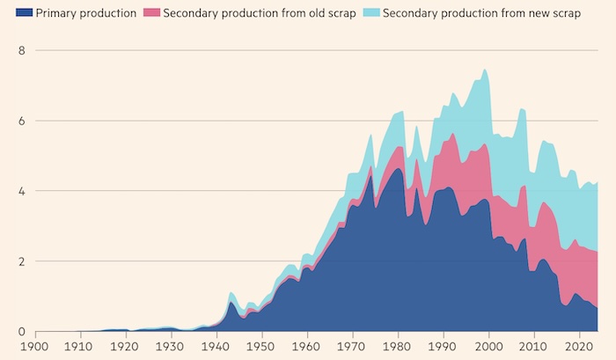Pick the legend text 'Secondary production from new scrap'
(482, 13)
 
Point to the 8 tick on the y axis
(20, 51)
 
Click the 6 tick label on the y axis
(20, 121)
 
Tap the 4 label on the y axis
(20, 192)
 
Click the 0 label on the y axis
(20, 332)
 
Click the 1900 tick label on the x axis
(35, 348)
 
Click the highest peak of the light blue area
(484, 70)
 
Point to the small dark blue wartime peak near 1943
(231, 303)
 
